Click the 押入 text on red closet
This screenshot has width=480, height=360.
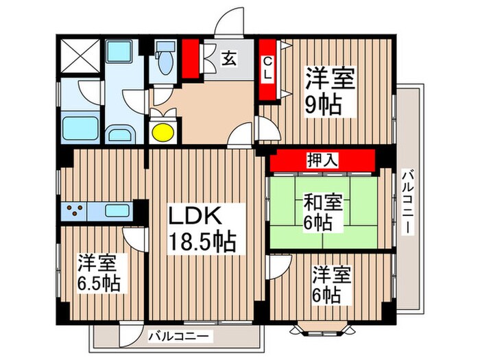pyautogui.click(x=322, y=160)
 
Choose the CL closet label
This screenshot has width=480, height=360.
pyautogui.click(x=268, y=69)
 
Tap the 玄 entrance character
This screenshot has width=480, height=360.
pyautogui.click(x=228, y=60)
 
